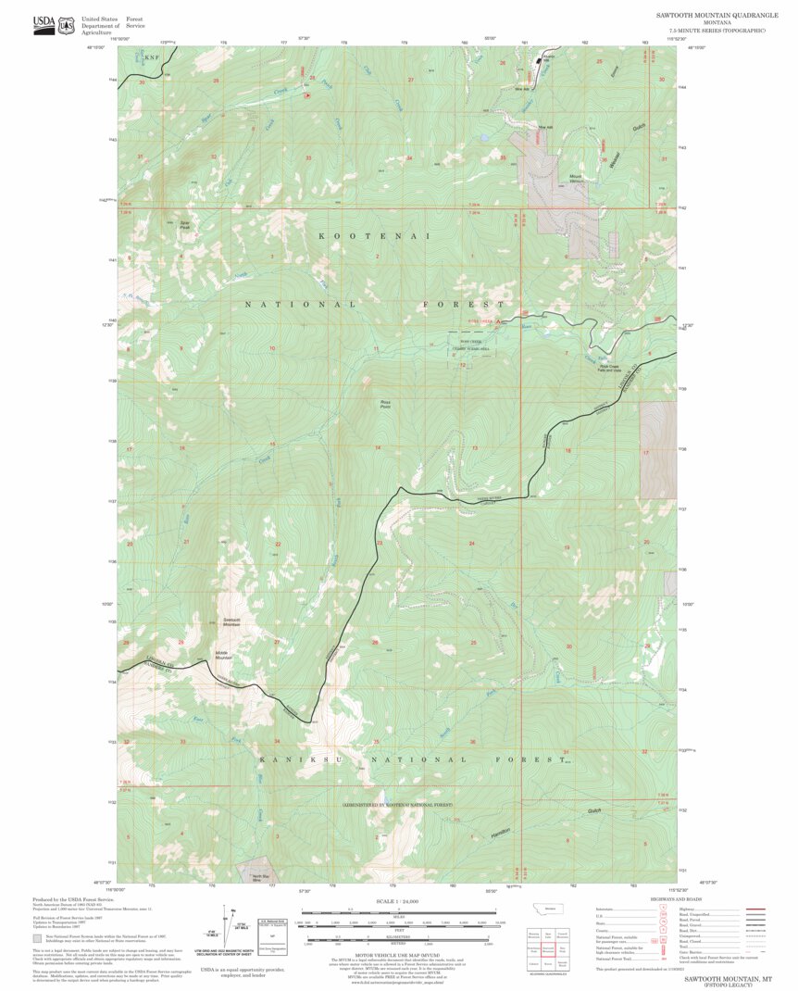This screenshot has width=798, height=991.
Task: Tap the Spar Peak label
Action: click(185, 224)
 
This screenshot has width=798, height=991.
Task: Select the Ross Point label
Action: click(385, 404)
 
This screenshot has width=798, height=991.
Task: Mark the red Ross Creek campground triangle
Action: click(499, 321)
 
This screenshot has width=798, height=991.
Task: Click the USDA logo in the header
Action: click(44, 24)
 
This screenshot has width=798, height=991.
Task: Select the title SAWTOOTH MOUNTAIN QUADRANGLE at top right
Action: click(715, 16)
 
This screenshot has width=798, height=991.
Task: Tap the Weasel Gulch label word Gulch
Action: click(637, 128)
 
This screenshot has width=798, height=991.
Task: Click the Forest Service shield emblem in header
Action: click(66, 25)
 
